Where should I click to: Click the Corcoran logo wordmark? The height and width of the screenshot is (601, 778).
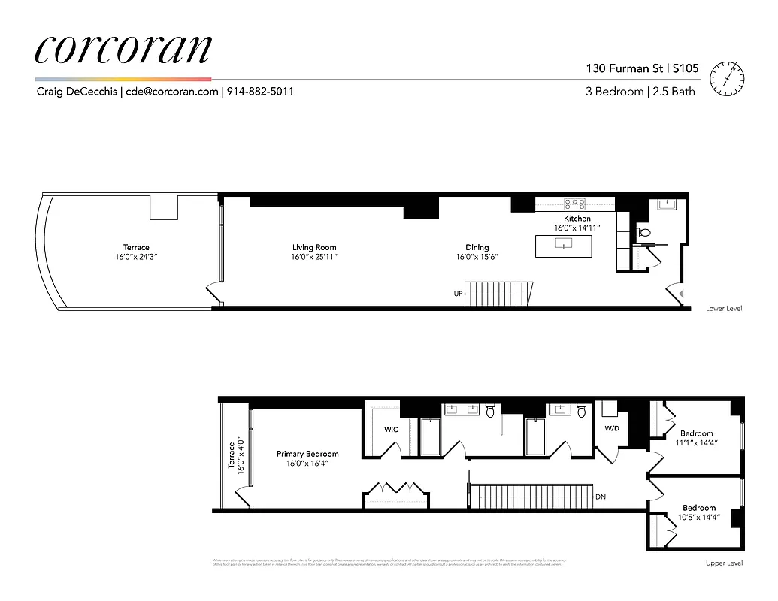[123, 49]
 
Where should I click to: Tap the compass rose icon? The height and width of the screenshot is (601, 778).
[730, 77]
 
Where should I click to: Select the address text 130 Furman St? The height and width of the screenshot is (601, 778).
[630, 68]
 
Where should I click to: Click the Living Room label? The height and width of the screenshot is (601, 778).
[314, 247]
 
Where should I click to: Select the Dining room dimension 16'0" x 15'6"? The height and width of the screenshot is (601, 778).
[477, 257]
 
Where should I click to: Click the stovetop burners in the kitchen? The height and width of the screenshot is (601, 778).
[575, 202]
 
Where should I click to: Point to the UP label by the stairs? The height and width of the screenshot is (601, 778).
[458, 294]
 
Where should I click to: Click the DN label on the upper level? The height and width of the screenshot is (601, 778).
[600, 497]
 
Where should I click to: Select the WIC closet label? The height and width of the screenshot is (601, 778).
[391, 430]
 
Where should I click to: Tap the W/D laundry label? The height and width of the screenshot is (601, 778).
[613, 429]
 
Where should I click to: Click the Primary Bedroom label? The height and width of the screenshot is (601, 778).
[307, 454]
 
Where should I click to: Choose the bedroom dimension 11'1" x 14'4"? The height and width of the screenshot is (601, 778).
[697, 443]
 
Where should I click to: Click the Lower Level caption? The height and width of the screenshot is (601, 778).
[724, 309]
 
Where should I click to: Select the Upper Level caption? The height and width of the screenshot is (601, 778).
[724, 563]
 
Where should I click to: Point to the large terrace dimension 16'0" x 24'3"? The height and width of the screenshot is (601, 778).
[136, 257]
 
